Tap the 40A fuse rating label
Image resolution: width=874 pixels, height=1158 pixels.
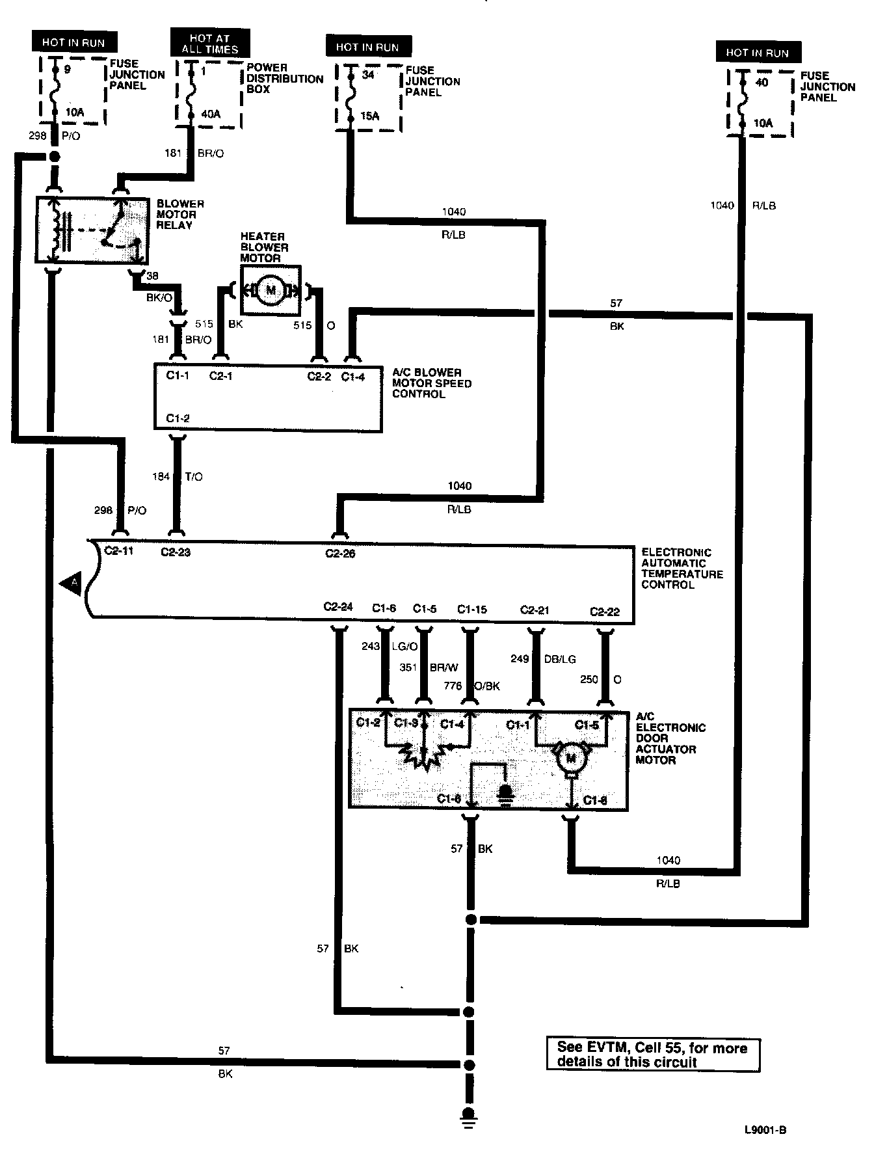[210, 114]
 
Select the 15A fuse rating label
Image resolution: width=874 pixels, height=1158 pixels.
[369, 116]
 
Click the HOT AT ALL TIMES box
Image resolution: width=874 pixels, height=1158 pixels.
[209, 44]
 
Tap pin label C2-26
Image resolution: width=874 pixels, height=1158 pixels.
[340, 554]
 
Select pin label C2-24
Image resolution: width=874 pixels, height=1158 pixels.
[338, 607]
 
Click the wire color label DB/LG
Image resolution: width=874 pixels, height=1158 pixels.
[560, 659]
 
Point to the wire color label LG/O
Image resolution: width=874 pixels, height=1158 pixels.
[405, 646]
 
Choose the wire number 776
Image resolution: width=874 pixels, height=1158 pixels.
[452, 686]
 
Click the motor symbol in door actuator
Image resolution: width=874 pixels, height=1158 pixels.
[572, 757]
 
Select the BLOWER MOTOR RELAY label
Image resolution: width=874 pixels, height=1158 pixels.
[180, 214]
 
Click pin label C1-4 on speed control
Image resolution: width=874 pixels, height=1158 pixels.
[353, 376]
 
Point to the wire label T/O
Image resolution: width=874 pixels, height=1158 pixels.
[194, 477]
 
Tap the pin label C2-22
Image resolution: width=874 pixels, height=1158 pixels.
[605, 611]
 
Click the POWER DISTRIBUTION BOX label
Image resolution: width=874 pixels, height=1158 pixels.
[284, 78]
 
